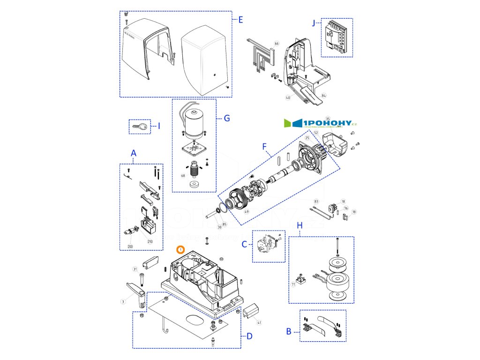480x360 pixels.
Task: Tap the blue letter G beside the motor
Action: point(226,118)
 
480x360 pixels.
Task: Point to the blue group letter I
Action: point(159,126)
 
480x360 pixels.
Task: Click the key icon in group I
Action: point(140,127)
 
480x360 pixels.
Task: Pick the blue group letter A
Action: point(134,153)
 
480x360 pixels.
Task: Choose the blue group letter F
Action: point(265,147)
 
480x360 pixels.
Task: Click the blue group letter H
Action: point(300,226)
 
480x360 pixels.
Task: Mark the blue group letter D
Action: point(249,336)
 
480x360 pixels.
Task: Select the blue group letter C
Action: point(244,243)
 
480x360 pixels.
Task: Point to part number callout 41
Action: point(259,322)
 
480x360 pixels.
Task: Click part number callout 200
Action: point(130,247)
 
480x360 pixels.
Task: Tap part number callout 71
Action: point(293,284)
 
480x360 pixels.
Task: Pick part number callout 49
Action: point(247,212)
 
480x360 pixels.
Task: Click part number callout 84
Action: point(324,96)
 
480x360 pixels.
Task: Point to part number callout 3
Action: point(123,302)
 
